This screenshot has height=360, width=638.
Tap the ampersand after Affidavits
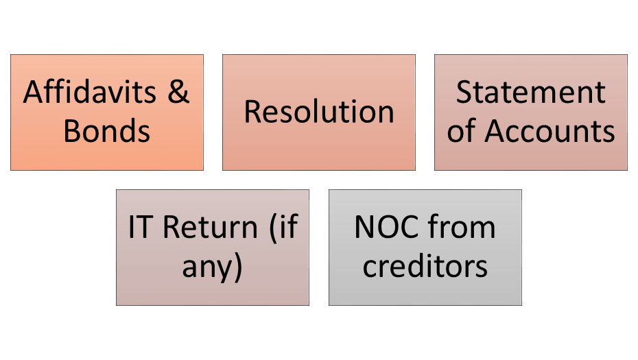[x=178, y=93]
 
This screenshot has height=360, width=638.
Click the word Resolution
[x=319, y=112]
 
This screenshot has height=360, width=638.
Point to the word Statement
[x=530, y=93]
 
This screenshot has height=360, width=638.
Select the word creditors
[x=425, y=267]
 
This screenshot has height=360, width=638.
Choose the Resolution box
[x=319, y=151]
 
